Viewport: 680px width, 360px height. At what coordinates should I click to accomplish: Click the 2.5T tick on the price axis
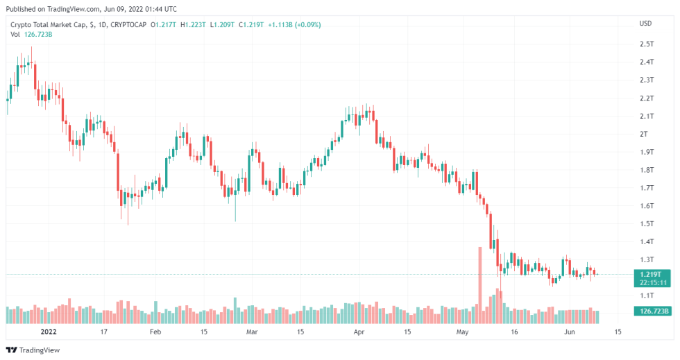[x=647, y=44]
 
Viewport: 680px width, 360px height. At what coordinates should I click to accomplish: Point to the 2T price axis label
[x=644, y=134]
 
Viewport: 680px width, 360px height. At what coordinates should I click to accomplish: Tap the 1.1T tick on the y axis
[x=647, y=295]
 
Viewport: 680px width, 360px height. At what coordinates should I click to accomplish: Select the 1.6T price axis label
[x=647, y=205]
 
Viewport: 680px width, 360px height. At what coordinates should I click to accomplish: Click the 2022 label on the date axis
[x=49, y=332]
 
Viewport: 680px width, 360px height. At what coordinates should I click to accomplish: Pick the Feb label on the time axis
[x=155, y=332]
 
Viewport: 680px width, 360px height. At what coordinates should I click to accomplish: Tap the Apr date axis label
[x=359, y=332]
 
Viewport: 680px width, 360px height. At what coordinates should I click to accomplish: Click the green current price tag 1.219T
[x=652, y=274]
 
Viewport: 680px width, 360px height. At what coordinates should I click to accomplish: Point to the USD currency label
[x=645, y=24]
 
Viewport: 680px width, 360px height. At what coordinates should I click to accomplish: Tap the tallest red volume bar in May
[x=479, y=284]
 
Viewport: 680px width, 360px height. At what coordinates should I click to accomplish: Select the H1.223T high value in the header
[x=192, y=25]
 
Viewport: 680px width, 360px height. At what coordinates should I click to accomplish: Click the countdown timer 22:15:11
[x=652, y=282]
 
